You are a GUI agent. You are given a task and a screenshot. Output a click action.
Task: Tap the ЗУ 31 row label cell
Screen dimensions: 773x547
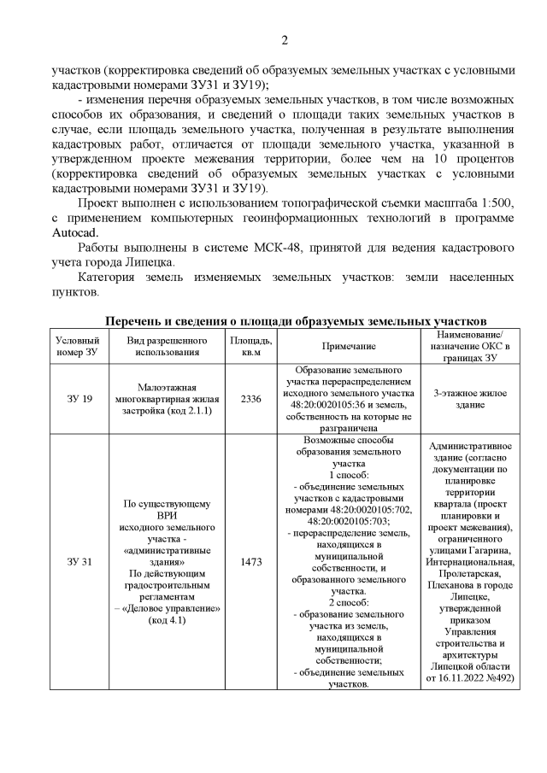point(79,562)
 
